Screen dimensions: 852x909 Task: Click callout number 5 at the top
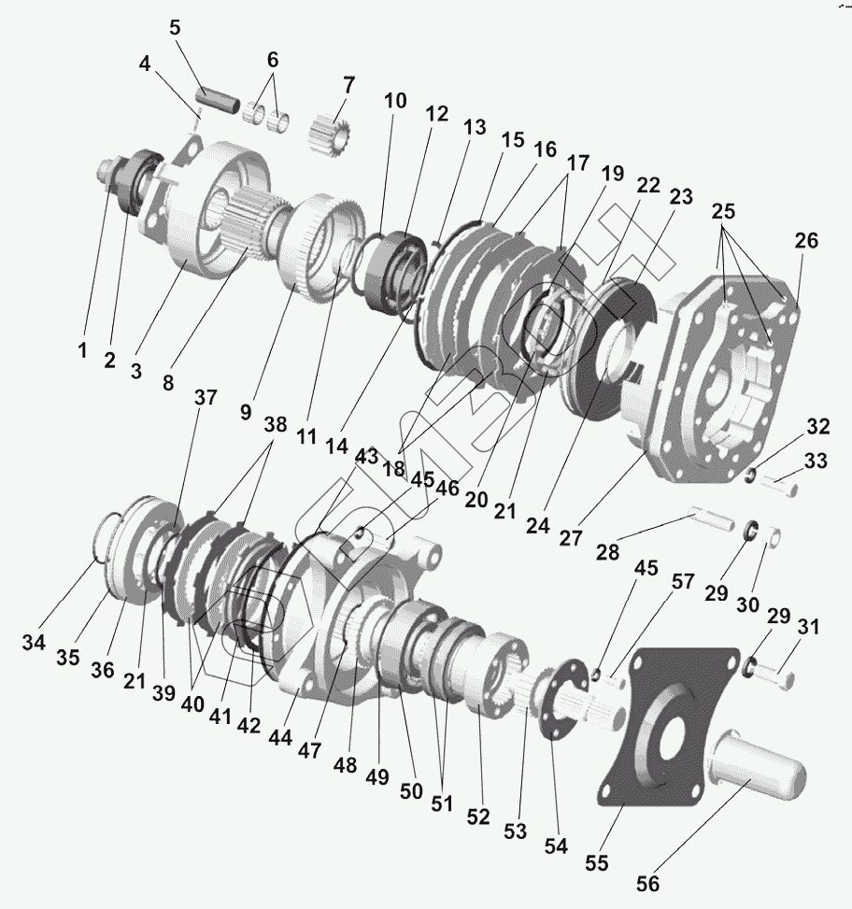point(175,26)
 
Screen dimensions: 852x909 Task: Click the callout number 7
point(348,85)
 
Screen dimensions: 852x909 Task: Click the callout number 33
point(816,461)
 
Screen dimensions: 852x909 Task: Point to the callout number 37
point(205,398)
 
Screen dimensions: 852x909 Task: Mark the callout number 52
point(478,817)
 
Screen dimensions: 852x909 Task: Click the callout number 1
point(82,351)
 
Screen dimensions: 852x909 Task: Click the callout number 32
point(817,428)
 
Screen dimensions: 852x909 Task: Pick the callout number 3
point(136,370)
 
